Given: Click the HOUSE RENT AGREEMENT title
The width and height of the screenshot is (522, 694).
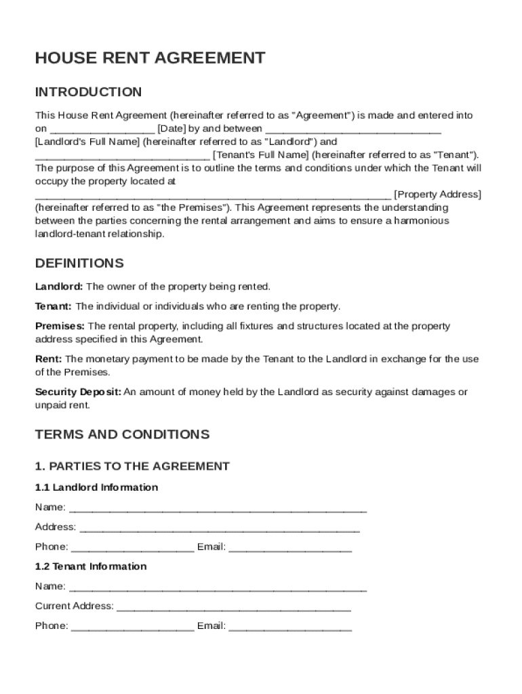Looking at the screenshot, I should (x=150, y=58).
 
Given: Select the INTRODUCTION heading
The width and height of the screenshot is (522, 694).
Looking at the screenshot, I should (x=88, y=92).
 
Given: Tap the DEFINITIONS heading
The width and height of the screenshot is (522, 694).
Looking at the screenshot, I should (x=79, y=263).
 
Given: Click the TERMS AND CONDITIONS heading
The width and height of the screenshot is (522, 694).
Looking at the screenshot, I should (x=122, y=434).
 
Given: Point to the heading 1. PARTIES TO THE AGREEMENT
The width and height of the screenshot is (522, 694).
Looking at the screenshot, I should (x=132, y=466).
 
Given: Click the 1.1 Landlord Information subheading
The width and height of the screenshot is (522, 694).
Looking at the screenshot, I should (x=96, y=487).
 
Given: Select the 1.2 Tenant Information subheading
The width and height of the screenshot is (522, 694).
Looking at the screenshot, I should (x=91, y=566).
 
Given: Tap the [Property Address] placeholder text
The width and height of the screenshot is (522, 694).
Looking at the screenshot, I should (x=437, y=195).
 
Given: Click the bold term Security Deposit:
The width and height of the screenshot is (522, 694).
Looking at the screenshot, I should (x=78, y=392).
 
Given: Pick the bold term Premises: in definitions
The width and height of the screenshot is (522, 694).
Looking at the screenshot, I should (x=60, y=326).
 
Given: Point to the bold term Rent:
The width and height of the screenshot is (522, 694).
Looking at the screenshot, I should (x=48, y=359).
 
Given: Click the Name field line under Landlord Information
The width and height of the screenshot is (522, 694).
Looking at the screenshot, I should (x=218, y=509).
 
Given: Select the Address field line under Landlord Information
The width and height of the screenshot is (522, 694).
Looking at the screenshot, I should (x=220, y=529).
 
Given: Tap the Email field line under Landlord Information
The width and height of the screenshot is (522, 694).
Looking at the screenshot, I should (x=290, y=548).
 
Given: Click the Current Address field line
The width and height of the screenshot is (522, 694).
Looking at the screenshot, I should (x=234, y=608).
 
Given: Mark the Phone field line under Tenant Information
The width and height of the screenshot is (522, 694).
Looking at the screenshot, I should (x=132, y=628).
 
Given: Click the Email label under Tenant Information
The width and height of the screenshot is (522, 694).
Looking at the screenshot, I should (x=211, y=626).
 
